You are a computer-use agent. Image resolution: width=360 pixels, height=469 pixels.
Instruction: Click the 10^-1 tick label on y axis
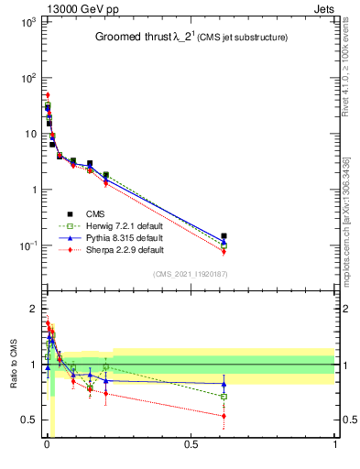(x=27, y=245)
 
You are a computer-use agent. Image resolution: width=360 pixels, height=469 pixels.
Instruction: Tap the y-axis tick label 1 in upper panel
(x=33, y=190)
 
